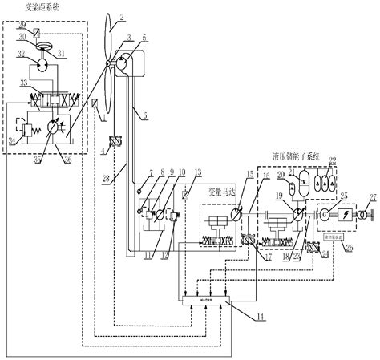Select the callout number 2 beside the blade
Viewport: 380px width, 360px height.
click(121, 16)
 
